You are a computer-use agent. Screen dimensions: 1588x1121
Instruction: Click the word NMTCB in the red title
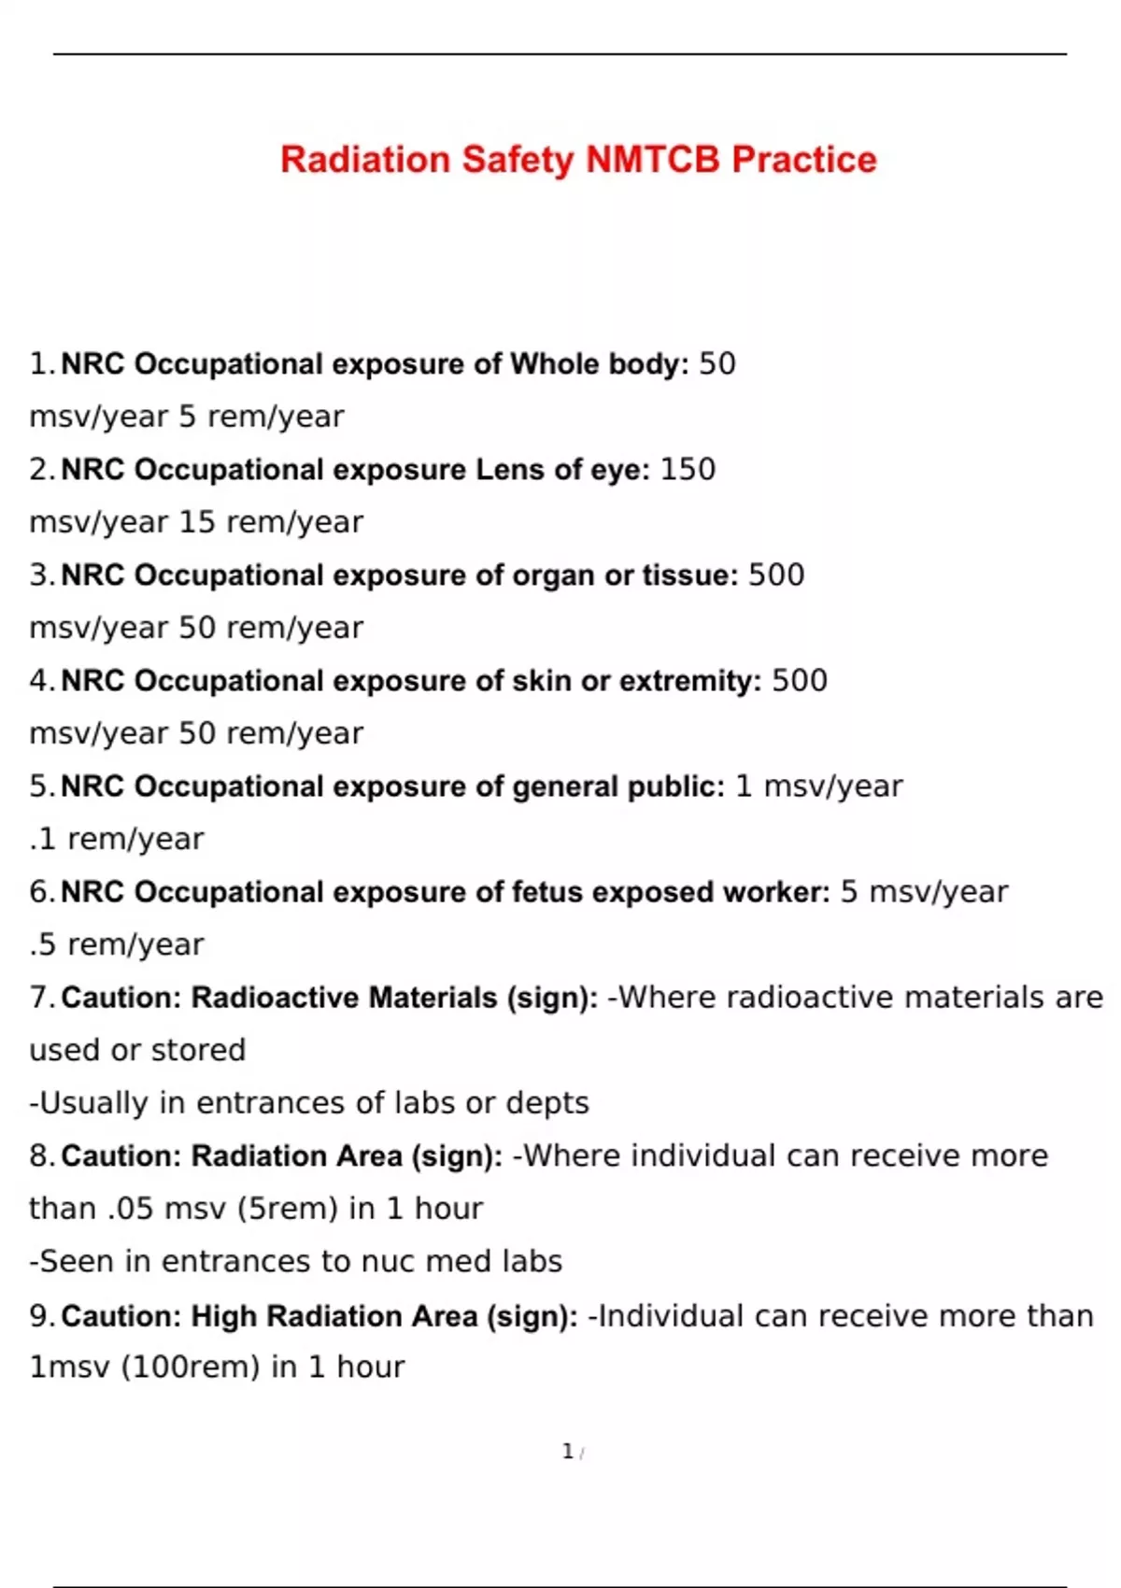point(653,160)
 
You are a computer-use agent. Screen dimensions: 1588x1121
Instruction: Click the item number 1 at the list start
point(38,363)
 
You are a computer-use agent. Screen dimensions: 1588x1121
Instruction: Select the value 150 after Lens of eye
point(688,469)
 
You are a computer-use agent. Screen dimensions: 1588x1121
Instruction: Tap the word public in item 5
point(674,787)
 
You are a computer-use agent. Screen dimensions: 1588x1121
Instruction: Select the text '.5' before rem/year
point(43,944)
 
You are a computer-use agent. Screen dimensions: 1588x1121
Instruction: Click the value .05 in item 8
point(130,1209)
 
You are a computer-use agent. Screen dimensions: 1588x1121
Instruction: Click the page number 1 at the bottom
point(567,1452)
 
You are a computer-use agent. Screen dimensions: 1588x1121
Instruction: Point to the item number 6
point(38,892)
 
